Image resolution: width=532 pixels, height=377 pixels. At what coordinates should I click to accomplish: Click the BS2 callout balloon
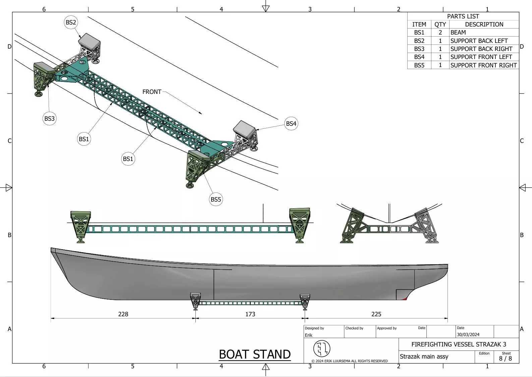click(71, 22)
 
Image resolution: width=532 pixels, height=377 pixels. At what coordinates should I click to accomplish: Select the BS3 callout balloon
click(49, 118)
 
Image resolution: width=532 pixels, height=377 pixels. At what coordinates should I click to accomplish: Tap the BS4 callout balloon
click(291, 124)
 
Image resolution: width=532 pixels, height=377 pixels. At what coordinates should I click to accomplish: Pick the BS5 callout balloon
click(216, 200)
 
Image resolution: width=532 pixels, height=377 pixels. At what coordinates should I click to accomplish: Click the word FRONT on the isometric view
click(152, 92)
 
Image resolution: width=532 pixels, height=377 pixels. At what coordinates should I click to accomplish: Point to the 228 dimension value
click(123, 314)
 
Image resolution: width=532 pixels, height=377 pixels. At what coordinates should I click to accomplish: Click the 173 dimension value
click(250, 314)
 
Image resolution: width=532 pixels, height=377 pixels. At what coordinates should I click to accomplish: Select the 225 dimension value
click(376, 314)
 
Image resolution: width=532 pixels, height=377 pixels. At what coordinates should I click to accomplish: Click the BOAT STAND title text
click(254, 355)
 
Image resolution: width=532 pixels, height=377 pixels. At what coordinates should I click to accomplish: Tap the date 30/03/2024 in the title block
click(468, 335)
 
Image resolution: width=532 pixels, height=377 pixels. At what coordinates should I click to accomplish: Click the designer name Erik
click(308, 335)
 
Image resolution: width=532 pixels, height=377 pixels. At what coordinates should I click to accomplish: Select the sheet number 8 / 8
click(506, 359)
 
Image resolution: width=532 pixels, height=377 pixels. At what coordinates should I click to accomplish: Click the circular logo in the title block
click(321, 349)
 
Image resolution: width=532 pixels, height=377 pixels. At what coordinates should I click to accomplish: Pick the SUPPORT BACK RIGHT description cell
click(481, 49)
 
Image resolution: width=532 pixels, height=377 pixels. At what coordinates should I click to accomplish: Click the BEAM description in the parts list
click(458, 33)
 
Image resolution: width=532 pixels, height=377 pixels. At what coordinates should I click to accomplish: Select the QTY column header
click(440, 24)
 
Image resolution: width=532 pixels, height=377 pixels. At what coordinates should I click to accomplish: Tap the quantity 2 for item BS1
click(440, 33)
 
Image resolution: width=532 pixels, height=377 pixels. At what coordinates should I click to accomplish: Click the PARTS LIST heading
click(463, 16)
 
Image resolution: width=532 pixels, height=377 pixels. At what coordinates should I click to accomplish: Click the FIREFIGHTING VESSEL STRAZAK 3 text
click(459, 344)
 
